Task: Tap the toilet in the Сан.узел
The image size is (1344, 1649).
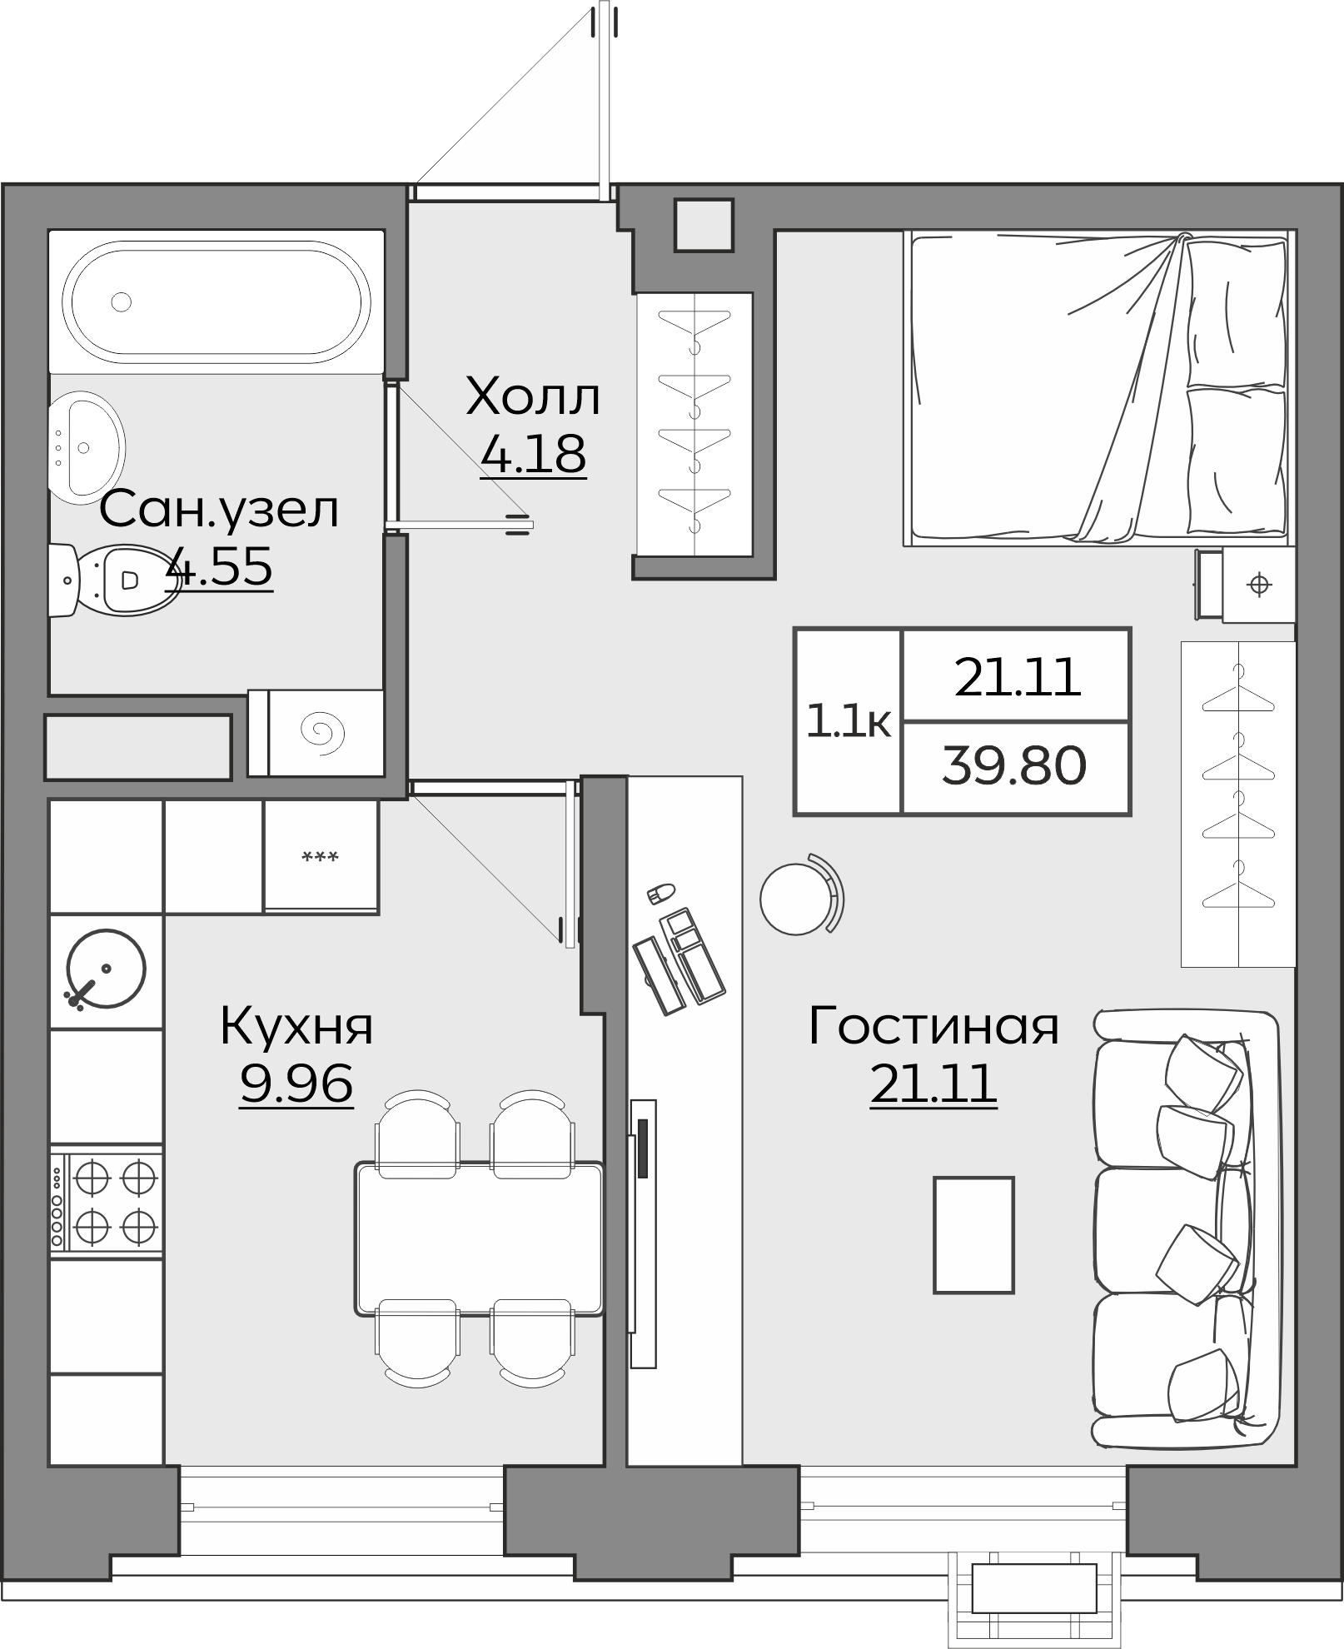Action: coord(117,579)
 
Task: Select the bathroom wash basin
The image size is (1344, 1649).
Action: coord(85,446)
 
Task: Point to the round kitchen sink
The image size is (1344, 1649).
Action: coord(106,969)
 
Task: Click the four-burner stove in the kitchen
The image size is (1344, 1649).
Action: coord(107,1200)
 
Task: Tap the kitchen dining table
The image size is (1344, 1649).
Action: coord(480,1239)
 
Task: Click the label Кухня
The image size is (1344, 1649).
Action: coord(296,1026)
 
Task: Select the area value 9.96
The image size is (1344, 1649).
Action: coord(296,1084)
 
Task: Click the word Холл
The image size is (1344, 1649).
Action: coord(533,397)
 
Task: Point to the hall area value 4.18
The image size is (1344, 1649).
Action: coord(533,454)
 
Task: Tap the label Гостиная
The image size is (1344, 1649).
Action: coord(933,1026)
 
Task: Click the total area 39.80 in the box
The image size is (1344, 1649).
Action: coord(1014,766)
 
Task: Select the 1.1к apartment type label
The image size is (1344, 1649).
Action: coord(848,721)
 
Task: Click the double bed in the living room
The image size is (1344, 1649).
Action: coord(1099,387)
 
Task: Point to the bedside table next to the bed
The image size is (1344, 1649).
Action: coord(1257,585)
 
